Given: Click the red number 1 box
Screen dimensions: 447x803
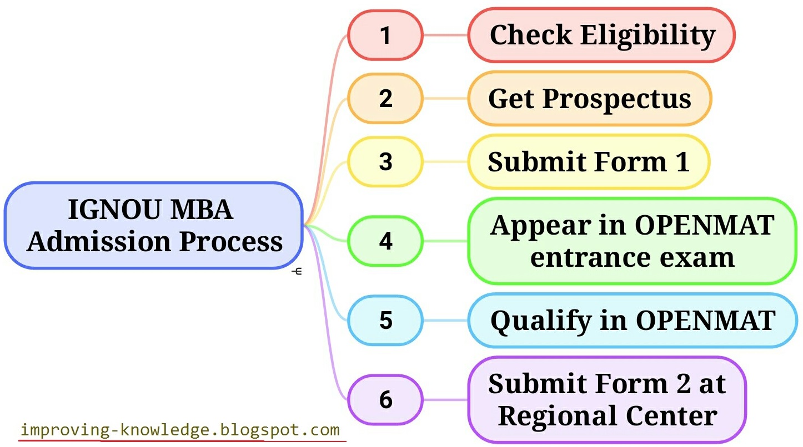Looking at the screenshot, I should click(x=385, y=35).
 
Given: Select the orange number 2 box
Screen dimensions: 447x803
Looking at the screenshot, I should click(x=385, y=98).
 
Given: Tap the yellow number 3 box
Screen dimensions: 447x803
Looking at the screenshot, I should click(x=385, y=161).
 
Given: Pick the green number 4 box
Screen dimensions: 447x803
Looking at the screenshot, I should click(x=385, y=241).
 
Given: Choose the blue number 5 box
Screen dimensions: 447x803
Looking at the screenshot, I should click(x=385, y=321).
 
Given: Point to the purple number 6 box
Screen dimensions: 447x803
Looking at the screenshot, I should click(x=385, y=400).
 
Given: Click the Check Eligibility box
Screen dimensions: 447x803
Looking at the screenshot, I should click(x=601, y=35).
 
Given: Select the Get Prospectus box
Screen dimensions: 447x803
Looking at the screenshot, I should click(x=589, y=99).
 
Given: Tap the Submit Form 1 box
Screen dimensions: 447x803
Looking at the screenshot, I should click(x=589, y=161).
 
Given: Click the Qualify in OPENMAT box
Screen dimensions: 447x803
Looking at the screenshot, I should click(x=632, y=321).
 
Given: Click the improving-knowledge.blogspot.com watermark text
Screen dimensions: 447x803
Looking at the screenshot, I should click(x=179, y=430).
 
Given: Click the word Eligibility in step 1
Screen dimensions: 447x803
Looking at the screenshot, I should click(x=648, y=35).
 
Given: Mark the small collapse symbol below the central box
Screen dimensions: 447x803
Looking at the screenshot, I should click(x=297, y=271).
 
